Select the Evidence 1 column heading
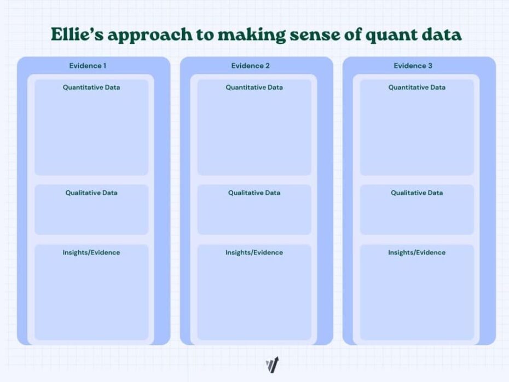pyautogui.click(x=88, y=66)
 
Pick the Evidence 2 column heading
pyautogui.click(x=250, y=66)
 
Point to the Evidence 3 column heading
pyautogui.click(x=413, y=66)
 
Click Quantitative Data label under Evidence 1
pyautogui.click(x=91, y=87)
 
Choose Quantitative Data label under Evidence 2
pyautogui.click(x=254, y=87)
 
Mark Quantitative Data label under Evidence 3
pyautogui.click(x=417, y=87)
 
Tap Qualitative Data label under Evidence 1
pyautogui.click(x=91, y=193)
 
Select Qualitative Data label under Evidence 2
pyautogui.click(x=254, y=193)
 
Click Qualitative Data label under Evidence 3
pyautogui.click(x=417, y=193)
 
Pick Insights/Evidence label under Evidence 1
pyautogui.click(x=91, y=252)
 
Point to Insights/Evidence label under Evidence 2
pyautogui.click(x=254, y=252)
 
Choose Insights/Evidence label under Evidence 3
pyautogui.click(x=417, y=252)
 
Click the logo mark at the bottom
pyautogui.click(x=272, y=364)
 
